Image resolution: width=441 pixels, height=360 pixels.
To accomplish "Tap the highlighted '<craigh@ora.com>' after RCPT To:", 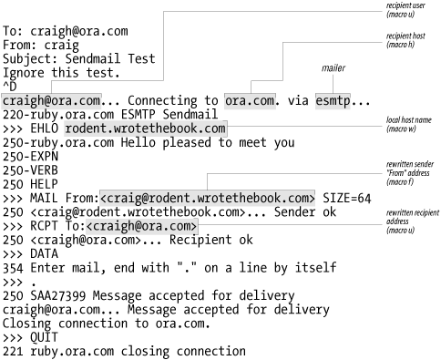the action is pos(145,226).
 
